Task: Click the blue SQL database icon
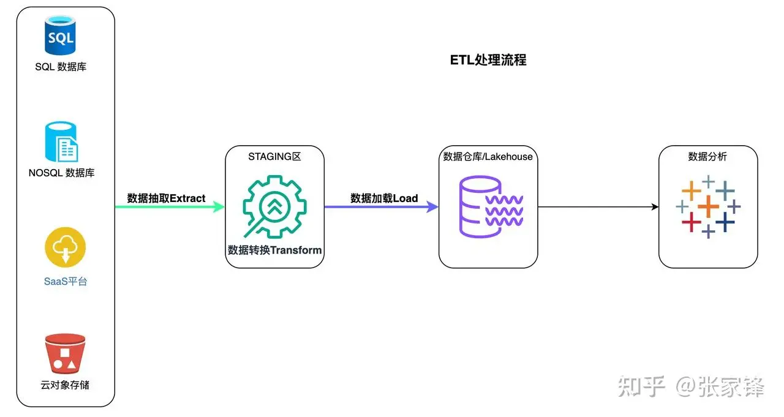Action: click(x=61, y=36)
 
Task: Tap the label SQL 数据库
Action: click(x=61, y=67)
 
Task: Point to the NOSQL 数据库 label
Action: click(x=61, y=173)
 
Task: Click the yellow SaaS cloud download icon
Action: click(x=65, y=248)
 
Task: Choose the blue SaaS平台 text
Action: click(x=66, y=282)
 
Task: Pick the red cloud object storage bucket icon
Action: click(x=65, y=354)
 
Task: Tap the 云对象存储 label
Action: click(x=65, y=385)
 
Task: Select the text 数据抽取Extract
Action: click(x=166, y=198)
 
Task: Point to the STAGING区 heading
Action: click(x=274, y=157)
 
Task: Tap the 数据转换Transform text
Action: click(x=274, y=250)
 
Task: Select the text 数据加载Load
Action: click(x=384, y=198)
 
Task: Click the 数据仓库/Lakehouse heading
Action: click(x=488, y=157)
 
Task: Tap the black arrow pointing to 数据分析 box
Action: click(x=598, y=207)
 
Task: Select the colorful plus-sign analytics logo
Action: click(x=708, y=206)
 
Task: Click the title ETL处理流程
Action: click(x=488, y=59)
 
